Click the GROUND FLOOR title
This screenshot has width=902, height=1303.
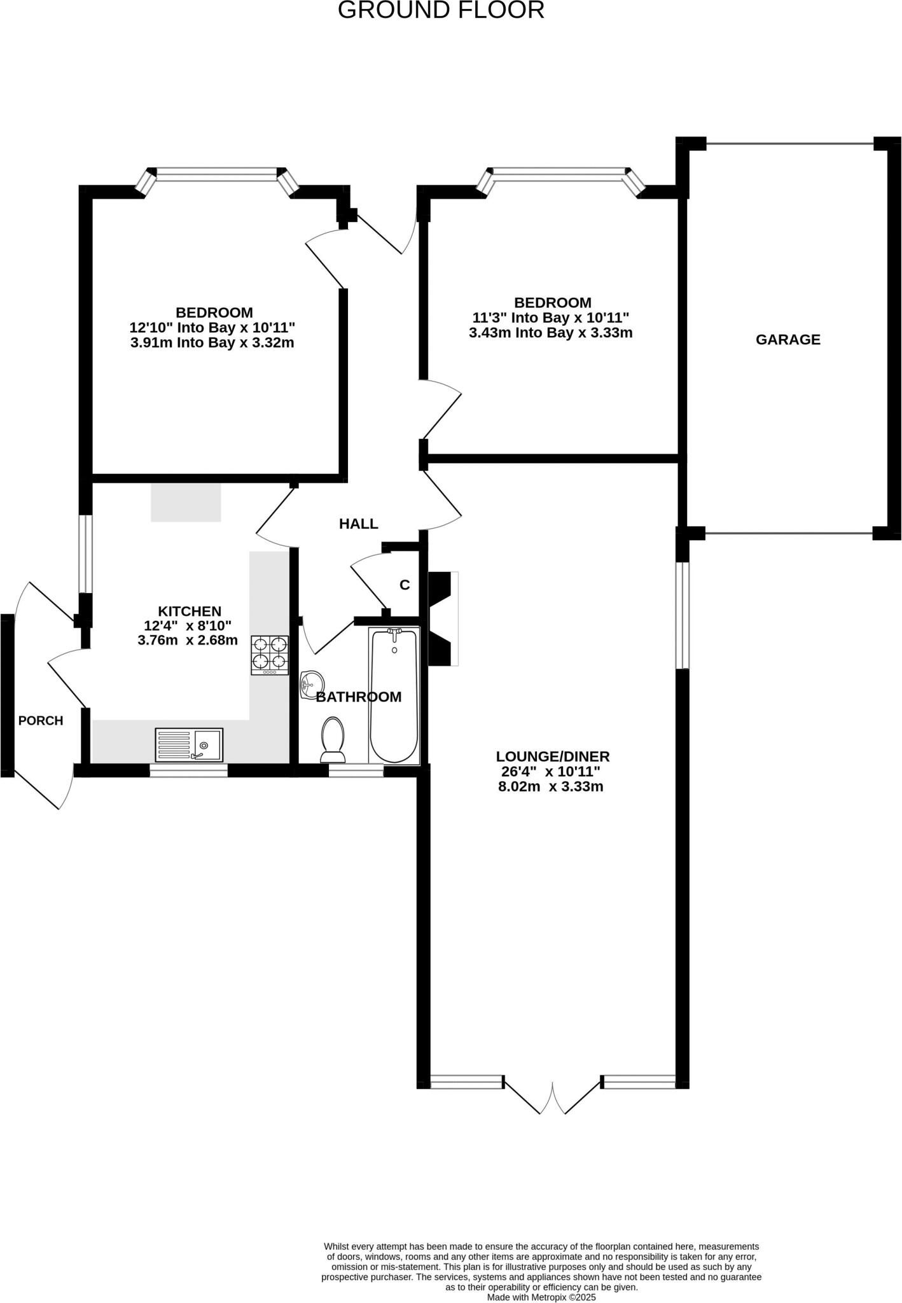pyautogui.click(x=440, y=10)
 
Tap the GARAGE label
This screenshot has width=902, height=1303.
pyautogui.click(x=788, y=340)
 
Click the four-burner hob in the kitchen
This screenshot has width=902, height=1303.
pyautogui.click(x=270, y=655)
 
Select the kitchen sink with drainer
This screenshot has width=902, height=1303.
pyautogui.click(x=189, y=744)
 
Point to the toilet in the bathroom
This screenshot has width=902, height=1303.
pyautogui.click(x=333, y=739)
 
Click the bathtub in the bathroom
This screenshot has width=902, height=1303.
pyautogui.click(x=394, y=695)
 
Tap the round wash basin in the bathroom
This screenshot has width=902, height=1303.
pyautogui.click(x=311, y=684)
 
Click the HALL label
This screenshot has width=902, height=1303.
pyautogui.click(x=358, y=524)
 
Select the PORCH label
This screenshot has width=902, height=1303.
pyautogui.click(x=41, y=721)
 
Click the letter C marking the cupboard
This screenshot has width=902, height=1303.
pyautogui.click(x=405, y=585)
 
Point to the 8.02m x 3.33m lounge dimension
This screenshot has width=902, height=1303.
pyautogui.click(x=550, y=786)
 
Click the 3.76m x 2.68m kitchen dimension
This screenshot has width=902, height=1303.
pyautogui.click(x=188, y=640)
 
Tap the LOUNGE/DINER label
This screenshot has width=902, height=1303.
pyautogui.click(x=552, y=756)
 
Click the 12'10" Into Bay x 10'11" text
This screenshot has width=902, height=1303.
pyautogui.click(x=212, y=328)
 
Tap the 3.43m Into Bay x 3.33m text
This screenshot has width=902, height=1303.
pyautogui.click(x=550, y=332)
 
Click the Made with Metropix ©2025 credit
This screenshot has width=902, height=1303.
pyautogui.click(x=541, y=1297)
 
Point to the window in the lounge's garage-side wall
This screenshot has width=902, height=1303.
pyautogui.click(x=682, y=615)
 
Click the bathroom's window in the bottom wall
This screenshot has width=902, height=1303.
pyautogui.click(x=356, y=770)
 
